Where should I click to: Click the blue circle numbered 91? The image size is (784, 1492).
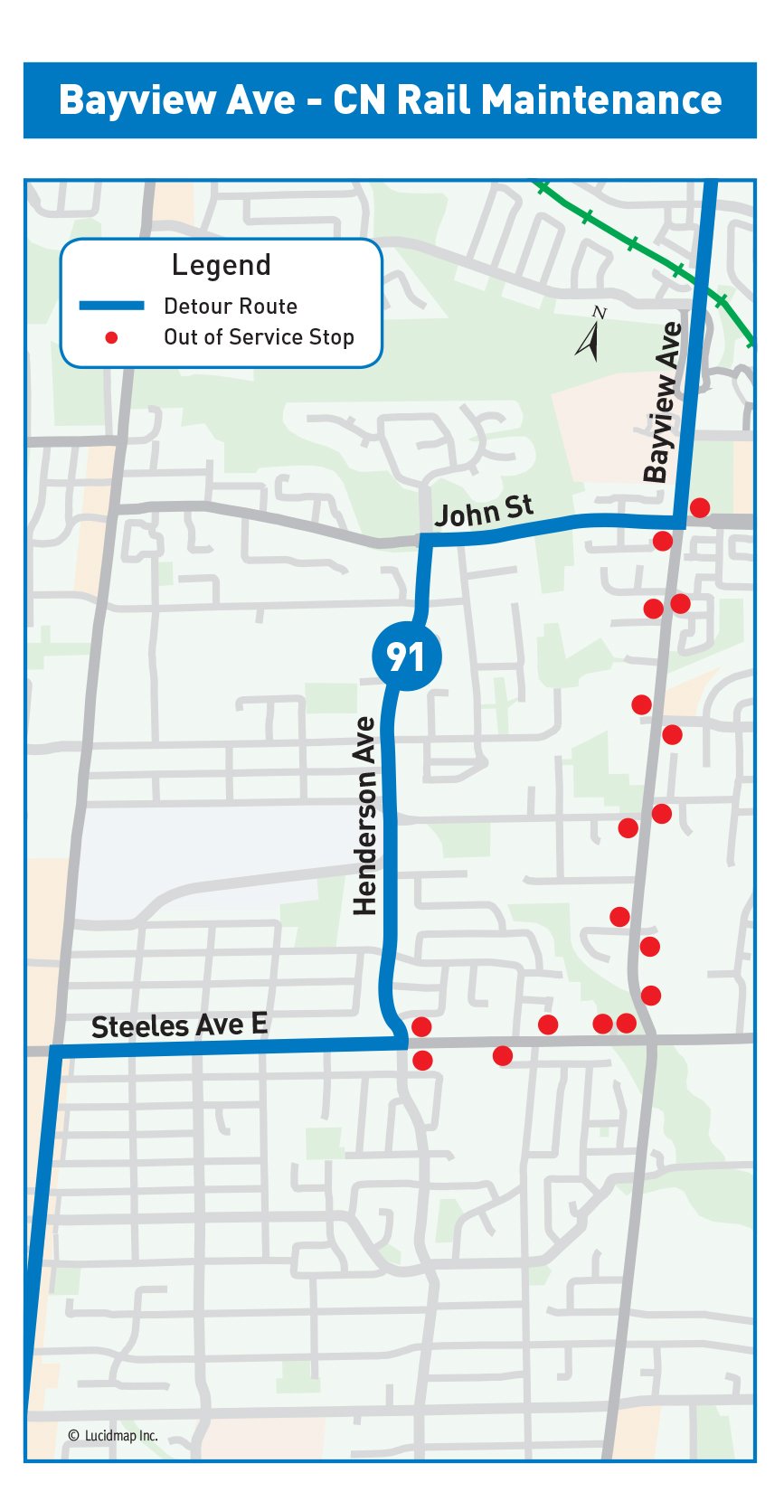(406, 656)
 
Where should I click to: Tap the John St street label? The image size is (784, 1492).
(483, 512)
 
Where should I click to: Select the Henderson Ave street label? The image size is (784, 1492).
(364, 816)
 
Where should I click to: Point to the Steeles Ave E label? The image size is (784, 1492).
(179, 1025)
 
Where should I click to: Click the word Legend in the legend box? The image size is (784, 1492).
(221, 265)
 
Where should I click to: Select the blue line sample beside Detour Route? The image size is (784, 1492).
(111, 306)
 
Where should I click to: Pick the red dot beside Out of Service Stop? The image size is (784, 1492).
(111, 337)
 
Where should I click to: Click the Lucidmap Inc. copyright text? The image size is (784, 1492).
(113, 1435)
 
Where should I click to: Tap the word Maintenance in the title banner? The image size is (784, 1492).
(601, 100)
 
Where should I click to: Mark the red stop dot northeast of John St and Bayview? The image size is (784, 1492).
(699, 507)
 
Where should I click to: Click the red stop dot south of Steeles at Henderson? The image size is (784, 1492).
(422, 1061)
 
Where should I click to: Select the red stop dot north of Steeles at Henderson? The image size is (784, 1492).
(421, 1026)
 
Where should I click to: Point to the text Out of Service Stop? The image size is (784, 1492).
(259, 337)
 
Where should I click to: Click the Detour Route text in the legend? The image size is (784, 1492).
(230, 307)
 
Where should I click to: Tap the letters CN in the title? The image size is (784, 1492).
(359, 100)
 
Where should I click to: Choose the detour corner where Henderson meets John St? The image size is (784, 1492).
(423, 540)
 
